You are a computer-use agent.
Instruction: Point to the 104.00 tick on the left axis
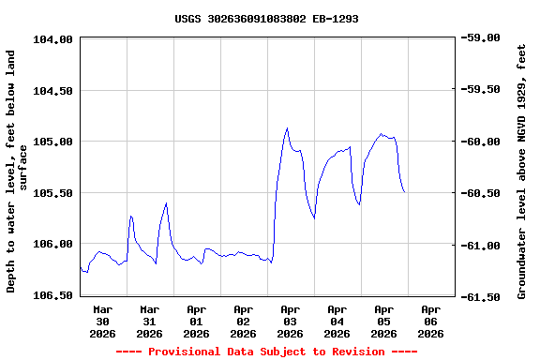[53, 39]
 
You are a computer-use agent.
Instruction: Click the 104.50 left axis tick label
[53, 91]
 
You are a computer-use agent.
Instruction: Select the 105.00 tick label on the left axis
[53, 142]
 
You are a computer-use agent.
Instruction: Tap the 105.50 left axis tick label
[53, 193]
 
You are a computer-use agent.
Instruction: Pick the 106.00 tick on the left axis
[53, 244]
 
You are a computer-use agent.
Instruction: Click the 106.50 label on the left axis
[53, 295]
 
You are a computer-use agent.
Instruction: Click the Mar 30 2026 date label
[102, 321]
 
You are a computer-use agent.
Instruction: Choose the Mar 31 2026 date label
[149, 321]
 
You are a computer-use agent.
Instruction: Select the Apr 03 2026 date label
[290, 321]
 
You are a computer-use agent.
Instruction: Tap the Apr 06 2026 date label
[430, 321]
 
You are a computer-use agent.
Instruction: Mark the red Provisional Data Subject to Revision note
[266, 352]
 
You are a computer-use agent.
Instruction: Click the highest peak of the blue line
[287, 128]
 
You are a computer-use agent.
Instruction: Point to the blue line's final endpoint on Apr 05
[404, 192]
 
